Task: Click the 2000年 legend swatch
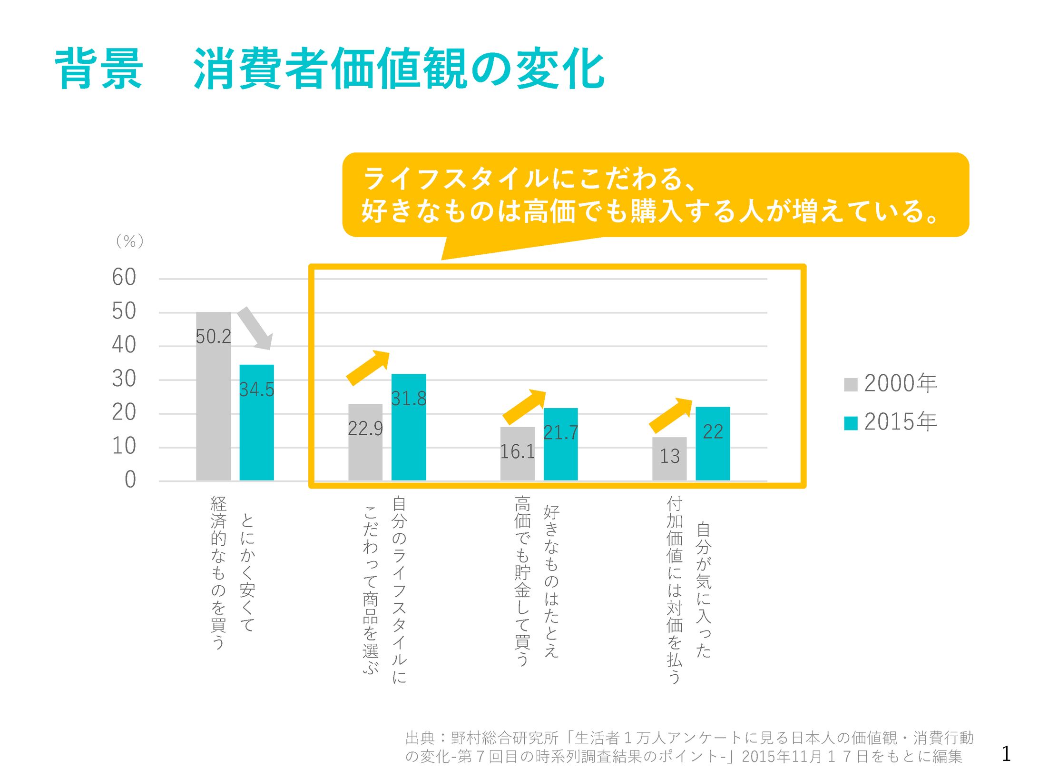pos(851,384)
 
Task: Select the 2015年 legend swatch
pos(851,423)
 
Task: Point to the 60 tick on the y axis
pos(124,277)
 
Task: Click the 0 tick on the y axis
pos(130,480)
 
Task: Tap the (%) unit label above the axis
pos(129,241)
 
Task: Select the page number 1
pos(1006,754)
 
